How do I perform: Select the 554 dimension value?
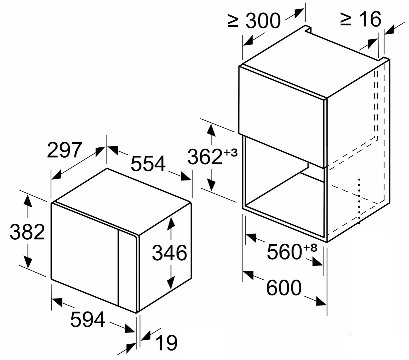click(148, 163)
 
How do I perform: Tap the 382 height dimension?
click(27, 232)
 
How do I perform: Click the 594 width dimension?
click(88, 320)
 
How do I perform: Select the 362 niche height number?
click(204, 156)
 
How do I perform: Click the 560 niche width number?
click(284, 252)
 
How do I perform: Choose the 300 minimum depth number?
click(263, 21)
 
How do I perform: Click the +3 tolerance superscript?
click(230, 153)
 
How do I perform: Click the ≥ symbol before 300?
click(233, 21)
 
